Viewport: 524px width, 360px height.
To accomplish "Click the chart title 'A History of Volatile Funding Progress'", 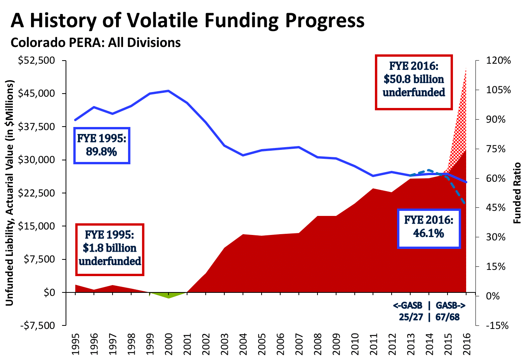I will (187, 20).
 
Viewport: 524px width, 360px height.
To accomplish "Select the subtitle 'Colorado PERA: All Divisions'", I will (95, 42).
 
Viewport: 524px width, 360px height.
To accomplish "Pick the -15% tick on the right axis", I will (497, 325).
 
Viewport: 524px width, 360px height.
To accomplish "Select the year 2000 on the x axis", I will (168, 344).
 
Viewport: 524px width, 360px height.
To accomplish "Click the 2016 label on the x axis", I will (467, 344).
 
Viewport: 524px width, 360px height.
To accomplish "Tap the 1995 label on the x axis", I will (75, 344).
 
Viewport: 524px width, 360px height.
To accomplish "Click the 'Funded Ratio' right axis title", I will (517, 193).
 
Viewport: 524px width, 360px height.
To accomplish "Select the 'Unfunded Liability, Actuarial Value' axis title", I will (10, 193).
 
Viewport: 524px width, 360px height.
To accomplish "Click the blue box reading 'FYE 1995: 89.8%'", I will (102, 145).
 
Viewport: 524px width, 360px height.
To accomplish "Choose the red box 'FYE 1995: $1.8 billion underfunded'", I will (110, 249).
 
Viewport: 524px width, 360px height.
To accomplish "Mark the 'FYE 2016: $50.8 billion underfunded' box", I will (414, 82).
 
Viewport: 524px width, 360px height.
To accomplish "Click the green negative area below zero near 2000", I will (168, 295).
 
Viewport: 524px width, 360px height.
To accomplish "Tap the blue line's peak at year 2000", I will (168, 91).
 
